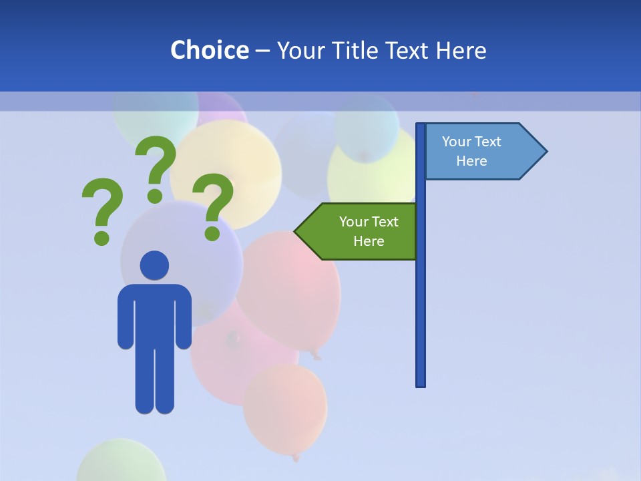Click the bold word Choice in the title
click(209, 50)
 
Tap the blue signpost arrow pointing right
click(484, 152)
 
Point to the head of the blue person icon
click(154, 265)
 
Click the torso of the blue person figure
click(154, 314)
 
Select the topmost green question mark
click(156, 167)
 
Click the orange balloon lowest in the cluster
click(285, 409)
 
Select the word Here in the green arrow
click(369, 241)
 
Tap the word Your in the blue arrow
click(456, 142)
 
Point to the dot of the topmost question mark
click(155, 196)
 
